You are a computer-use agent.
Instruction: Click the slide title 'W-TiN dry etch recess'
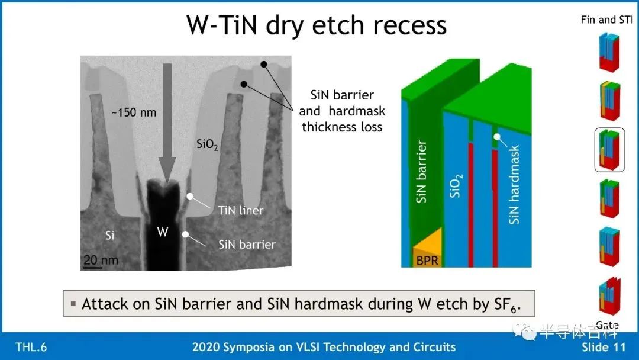click(316, 25)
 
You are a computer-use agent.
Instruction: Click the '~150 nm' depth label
click(134, 112)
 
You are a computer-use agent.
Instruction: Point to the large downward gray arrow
click(167, 123)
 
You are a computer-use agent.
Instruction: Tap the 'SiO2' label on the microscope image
click(207, 144)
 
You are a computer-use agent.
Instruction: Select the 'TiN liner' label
click(240, 210)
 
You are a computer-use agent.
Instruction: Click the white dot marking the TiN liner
click(190, 197)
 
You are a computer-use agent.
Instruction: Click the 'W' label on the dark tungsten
click(163, 232)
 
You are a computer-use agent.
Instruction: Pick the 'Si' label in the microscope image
click(109, 235)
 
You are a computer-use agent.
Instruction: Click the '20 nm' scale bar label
click(101, 260)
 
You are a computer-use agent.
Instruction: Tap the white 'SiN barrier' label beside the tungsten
click(247, 244)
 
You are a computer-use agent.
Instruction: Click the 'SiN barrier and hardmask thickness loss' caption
click(342, 111)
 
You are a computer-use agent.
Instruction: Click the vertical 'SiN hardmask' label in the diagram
click(514, 185)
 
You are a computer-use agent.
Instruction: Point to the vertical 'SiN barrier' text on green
click(421, 171)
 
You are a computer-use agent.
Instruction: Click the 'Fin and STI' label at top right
click(607, 20)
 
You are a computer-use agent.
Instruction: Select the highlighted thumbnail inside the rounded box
click(609, 150)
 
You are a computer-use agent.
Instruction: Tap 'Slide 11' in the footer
click(603, 347)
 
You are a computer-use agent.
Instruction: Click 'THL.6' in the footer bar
click(31, 347)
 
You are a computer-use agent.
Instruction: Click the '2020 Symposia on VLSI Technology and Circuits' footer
click(324, 347)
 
